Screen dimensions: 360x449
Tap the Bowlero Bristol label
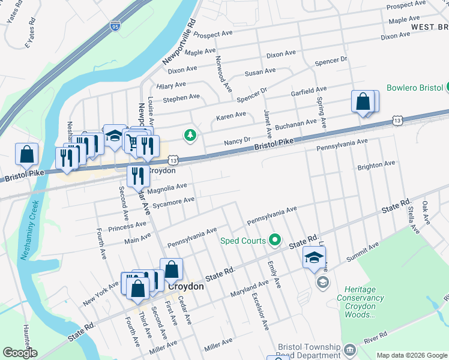point(414,88)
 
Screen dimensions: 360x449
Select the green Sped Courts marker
point(276,240)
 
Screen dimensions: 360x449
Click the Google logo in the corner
point(19,353)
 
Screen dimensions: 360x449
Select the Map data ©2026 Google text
point(411,355)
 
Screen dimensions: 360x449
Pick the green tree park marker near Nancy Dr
point(190,135)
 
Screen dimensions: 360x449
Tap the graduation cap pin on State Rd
point(314,257)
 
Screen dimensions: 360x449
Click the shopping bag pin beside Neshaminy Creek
point(27,155)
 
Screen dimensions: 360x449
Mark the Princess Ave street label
point(127,227)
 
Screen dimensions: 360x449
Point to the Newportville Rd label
point(178,42)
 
